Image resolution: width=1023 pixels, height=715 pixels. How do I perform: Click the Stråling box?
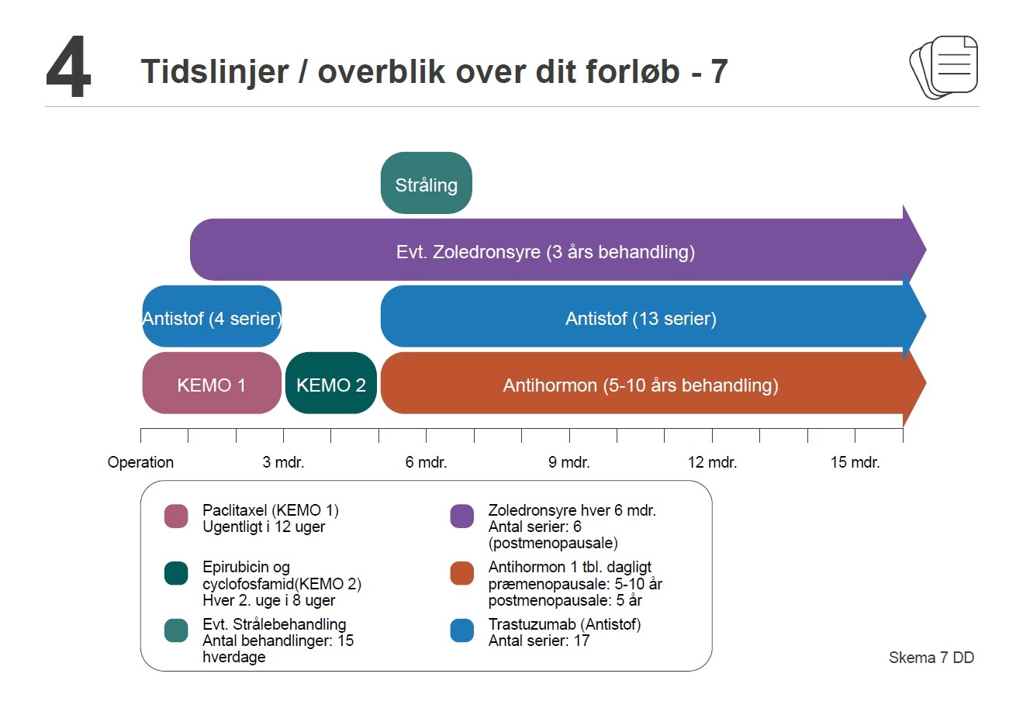tap(426, 184)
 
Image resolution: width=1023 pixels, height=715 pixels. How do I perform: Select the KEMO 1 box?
tap(211, 384)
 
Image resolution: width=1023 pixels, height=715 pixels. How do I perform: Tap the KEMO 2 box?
tap(330, 384)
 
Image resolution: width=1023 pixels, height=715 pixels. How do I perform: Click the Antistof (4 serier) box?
tap(211, 317)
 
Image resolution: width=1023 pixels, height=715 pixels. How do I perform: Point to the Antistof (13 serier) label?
tap(641, 318)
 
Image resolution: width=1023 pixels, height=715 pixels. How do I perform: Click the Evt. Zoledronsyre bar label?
tap(545, 251)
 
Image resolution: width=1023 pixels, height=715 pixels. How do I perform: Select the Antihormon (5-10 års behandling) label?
tap(641, 385)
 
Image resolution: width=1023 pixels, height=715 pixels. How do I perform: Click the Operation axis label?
tap(140, 462)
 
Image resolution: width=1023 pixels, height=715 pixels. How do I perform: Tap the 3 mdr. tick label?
tap(283, 462)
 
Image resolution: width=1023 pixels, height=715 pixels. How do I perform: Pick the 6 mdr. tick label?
tap(426, 462)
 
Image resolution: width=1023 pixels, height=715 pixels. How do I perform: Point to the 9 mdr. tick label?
tap(569, 462)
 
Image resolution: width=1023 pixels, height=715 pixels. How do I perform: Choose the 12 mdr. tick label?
tap(712, 462)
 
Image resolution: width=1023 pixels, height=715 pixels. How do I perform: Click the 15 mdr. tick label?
tap(855, 462)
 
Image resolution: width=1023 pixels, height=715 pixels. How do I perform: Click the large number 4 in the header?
tap(68, 70)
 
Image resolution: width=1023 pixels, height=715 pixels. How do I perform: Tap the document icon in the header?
tap(944, 67)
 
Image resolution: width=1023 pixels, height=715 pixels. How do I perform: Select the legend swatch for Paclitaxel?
tap(176, 516)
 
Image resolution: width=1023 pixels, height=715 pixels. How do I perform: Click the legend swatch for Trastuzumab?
tap(461, 630)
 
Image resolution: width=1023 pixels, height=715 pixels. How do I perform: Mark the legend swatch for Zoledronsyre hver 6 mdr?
tap(461, 516)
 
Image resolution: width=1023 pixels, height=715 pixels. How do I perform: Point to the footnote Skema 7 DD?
tap(931, 658)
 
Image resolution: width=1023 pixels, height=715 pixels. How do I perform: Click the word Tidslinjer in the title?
tap(215, 71)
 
